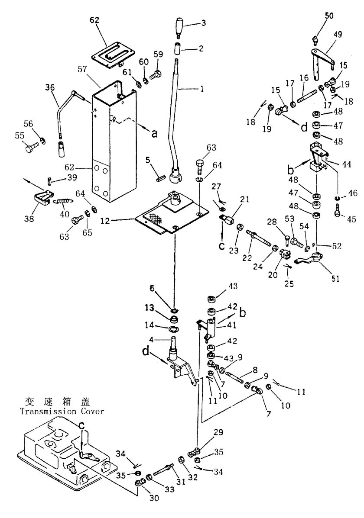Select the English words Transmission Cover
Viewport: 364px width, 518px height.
click(56, 412)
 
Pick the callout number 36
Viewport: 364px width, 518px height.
click(50, 88)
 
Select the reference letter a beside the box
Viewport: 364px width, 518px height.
click(154, 134)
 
